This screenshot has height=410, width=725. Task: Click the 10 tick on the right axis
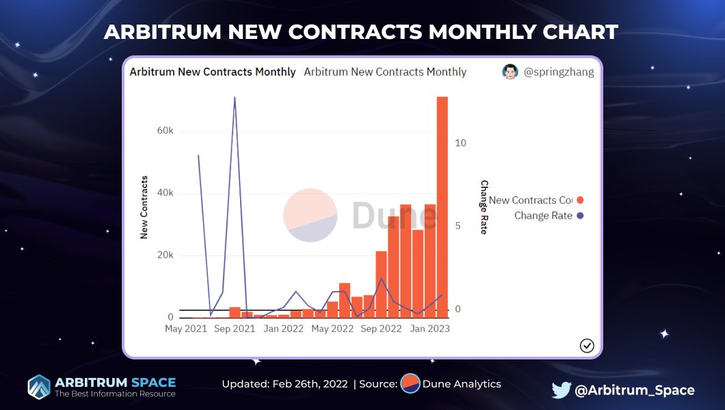460,143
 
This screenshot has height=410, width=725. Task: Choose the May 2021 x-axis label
185,329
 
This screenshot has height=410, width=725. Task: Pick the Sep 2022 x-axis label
381,329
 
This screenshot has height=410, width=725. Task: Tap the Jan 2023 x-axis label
430,329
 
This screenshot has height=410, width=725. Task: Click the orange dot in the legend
580,200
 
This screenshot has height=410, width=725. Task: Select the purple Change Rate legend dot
580,216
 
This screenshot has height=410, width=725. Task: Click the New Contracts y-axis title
144,207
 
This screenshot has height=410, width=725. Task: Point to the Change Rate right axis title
484,207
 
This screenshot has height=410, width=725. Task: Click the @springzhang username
558,72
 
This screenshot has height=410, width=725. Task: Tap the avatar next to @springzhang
510,72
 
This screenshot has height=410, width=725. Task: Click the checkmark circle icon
587,345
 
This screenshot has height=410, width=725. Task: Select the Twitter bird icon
561,390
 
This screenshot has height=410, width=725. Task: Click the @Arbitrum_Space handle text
635,390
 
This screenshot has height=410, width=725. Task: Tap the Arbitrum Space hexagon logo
39,387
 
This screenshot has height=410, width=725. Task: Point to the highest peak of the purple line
235,97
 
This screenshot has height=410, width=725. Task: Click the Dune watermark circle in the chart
311,215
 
